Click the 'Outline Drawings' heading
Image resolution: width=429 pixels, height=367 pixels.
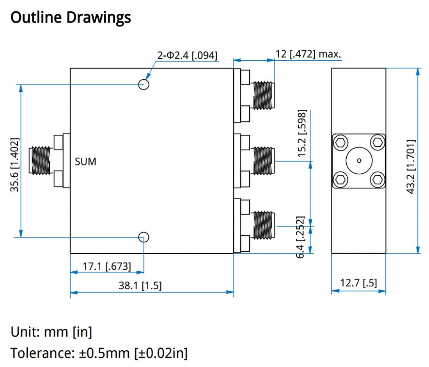pyautogui.click(x=71, y=18)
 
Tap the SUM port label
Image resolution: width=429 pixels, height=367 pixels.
pyautogui.click(x=86, y=162)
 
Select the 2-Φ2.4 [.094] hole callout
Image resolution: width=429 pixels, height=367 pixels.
pyautogui.click(x=187, y=55)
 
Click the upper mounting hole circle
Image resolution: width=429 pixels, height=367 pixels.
pyautogui.click(x=144, y=84)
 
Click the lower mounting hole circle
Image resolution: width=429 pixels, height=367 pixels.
pyautogui.click(x=144, y=237)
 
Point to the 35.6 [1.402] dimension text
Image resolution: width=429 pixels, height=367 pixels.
pyautogui.click(x=14, y=165)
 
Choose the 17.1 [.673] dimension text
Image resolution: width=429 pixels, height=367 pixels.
pyautogui.click(x=107, y=266)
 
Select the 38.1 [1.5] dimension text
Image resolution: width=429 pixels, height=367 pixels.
pyautogui.click(x=140, y=286)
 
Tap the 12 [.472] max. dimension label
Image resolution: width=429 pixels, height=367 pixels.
pyautogui.click(x=308, y=54)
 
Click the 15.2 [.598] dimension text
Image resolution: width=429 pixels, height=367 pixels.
pyautogui.click(x=302, y=133)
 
